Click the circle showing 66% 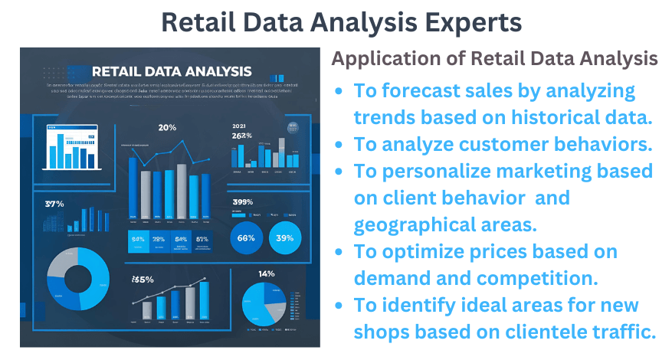(247, 237)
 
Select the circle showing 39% (285, 237)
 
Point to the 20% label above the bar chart (168, 127)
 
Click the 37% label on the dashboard (54, 204)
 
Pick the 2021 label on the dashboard (240, 125)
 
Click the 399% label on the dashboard (243, 202)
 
